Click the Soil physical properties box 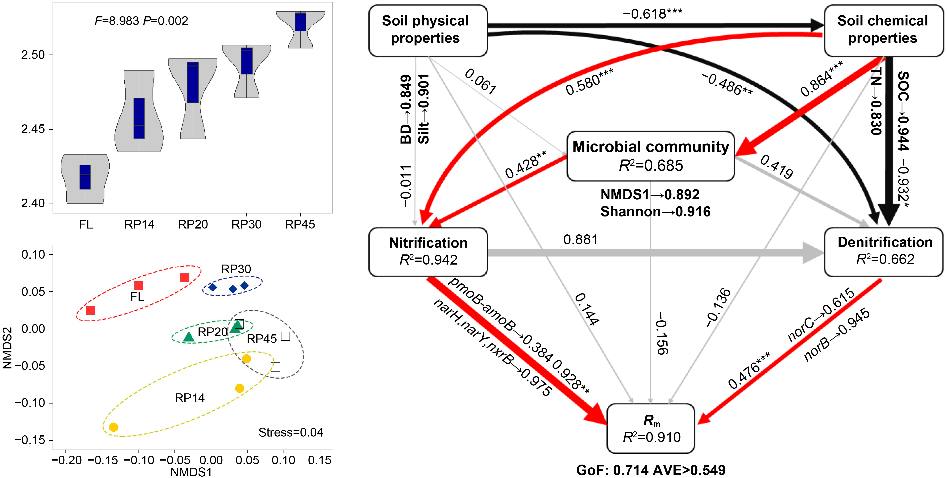pyautogui.click(x=428, y=30)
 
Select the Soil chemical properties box pyautogui.click(x=883, y=30)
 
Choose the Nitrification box pyautogui.click(x=428, y=252)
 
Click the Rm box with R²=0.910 pyautogui.click(x=651, y=428)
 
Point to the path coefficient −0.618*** pyautogui.click(x=652, y=14)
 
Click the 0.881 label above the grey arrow pyautogui.click(x=581, y=240)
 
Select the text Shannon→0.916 pyautogui.click(x=655, y=212)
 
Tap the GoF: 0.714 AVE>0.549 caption pyautogui.click(x=651, y=470)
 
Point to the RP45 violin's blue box pyautogui.click(x=300, y=22)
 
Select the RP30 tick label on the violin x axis pyautogui.click(x=246, y=224)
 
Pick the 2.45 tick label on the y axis pyautogui.click(x=33, y=129)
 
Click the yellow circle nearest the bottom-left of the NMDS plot pyautogui.click(x=114, y=427)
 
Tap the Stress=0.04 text pyautogui.click(x=291, y=433)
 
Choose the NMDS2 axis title pyautogui.click(x=7, y=347)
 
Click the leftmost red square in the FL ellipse pyautogui.click(x=91, y=310)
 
